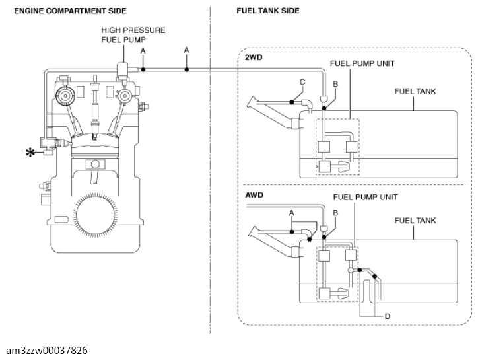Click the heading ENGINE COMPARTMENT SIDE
pos(70,11)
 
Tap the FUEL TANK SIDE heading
pos(268,11)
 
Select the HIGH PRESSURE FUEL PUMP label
pos(133,35)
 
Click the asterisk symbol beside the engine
pos(30,153)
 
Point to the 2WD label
pos(254,57)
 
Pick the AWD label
pos(254,195)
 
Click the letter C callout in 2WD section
pos(302,82)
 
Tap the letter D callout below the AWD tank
pos(388,316)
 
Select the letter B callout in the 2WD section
pos(335,84)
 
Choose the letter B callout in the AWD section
pos(335,213)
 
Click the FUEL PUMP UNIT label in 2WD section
pos(362,63)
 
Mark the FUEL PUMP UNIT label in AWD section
pos(365,197)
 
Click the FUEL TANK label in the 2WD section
pos(415,91)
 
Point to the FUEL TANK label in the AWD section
pos(415,220)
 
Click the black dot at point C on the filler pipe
pos(292,102)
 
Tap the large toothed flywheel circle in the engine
pos(95,215)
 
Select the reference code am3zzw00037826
pos(47,351)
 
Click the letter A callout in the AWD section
pos(292,213)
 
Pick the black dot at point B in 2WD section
pos(324,108)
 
